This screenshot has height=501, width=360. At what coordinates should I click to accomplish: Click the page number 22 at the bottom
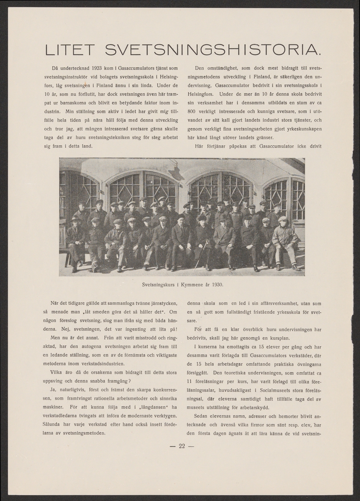tap(181, 446)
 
